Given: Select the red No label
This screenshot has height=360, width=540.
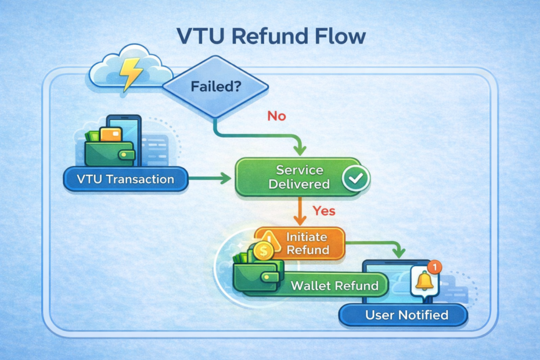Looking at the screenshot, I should pyautogui.click(x=276, y=116).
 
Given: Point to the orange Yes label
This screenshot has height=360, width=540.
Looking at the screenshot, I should pyautogui.click(x=323, y=210).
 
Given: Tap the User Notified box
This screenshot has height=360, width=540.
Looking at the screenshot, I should pyautogui.click(x=404, y=315).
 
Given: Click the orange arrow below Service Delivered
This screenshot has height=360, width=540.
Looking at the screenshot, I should pyautogui.click(x=300, y=211).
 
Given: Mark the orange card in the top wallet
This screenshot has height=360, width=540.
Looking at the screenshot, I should pyautogui.click(x=110, y=134).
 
